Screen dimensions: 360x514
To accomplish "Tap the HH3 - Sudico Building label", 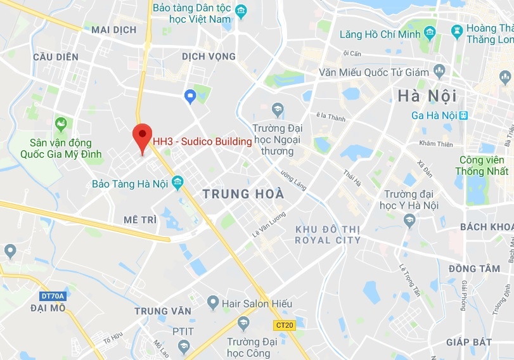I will [202, 141].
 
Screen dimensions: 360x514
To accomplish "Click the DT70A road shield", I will [51, 295].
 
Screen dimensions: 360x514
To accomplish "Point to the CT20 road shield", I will [285, 325].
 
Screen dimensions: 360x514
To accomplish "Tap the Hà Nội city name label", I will [427, 96].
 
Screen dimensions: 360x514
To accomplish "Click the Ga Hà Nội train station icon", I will [464, 115].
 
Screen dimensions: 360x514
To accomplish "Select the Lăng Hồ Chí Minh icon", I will [430, 32].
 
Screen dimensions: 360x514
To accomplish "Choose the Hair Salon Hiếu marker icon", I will [213, 304].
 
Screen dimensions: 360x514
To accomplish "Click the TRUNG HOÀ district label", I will [243, 194].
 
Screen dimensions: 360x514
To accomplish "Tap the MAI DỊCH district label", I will [114, 30].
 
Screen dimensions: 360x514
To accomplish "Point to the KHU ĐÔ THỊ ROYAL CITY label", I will [328, 234].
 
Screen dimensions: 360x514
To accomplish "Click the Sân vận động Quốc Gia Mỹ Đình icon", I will [61, 124].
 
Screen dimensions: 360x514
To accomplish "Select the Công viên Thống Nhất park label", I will [482, 165].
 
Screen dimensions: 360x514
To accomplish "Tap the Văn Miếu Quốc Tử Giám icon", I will [439, 70].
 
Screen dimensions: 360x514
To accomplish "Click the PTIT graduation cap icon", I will [184, 346].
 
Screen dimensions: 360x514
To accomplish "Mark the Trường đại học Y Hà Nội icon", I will [409, 220].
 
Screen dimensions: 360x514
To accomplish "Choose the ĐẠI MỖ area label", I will [48, 308].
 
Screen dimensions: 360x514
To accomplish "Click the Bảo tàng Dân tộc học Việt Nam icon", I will [241, 11].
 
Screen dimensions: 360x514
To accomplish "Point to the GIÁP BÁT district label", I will [469, 342].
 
